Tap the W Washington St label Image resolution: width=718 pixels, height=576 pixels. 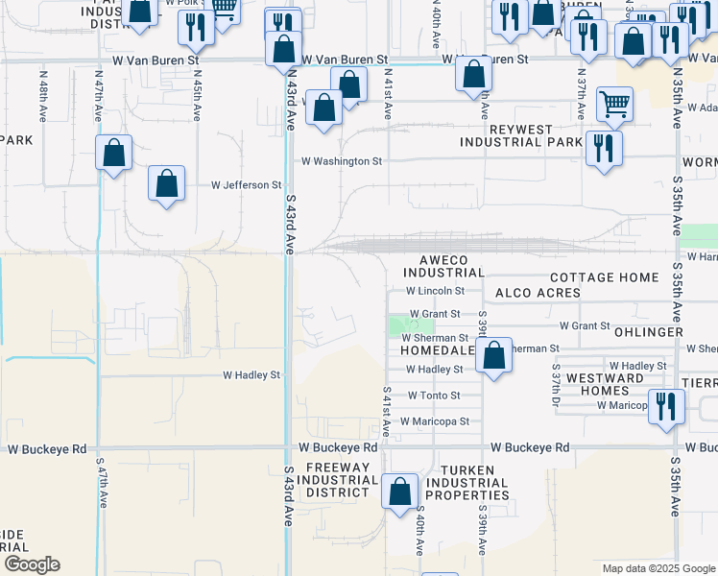pos(342,161)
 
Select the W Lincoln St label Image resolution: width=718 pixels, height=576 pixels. pos(435,290)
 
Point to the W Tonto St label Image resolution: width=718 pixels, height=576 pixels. pos(434,396)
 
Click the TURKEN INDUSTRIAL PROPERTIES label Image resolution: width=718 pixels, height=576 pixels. pos(467,483)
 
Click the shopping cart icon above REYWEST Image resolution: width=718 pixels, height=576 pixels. pos(614,104)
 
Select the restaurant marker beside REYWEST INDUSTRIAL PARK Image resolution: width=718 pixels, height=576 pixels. pos(604,148)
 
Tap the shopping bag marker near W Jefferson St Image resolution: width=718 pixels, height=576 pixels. pos(167,184)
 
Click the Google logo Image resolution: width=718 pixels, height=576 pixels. pos(32,564)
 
